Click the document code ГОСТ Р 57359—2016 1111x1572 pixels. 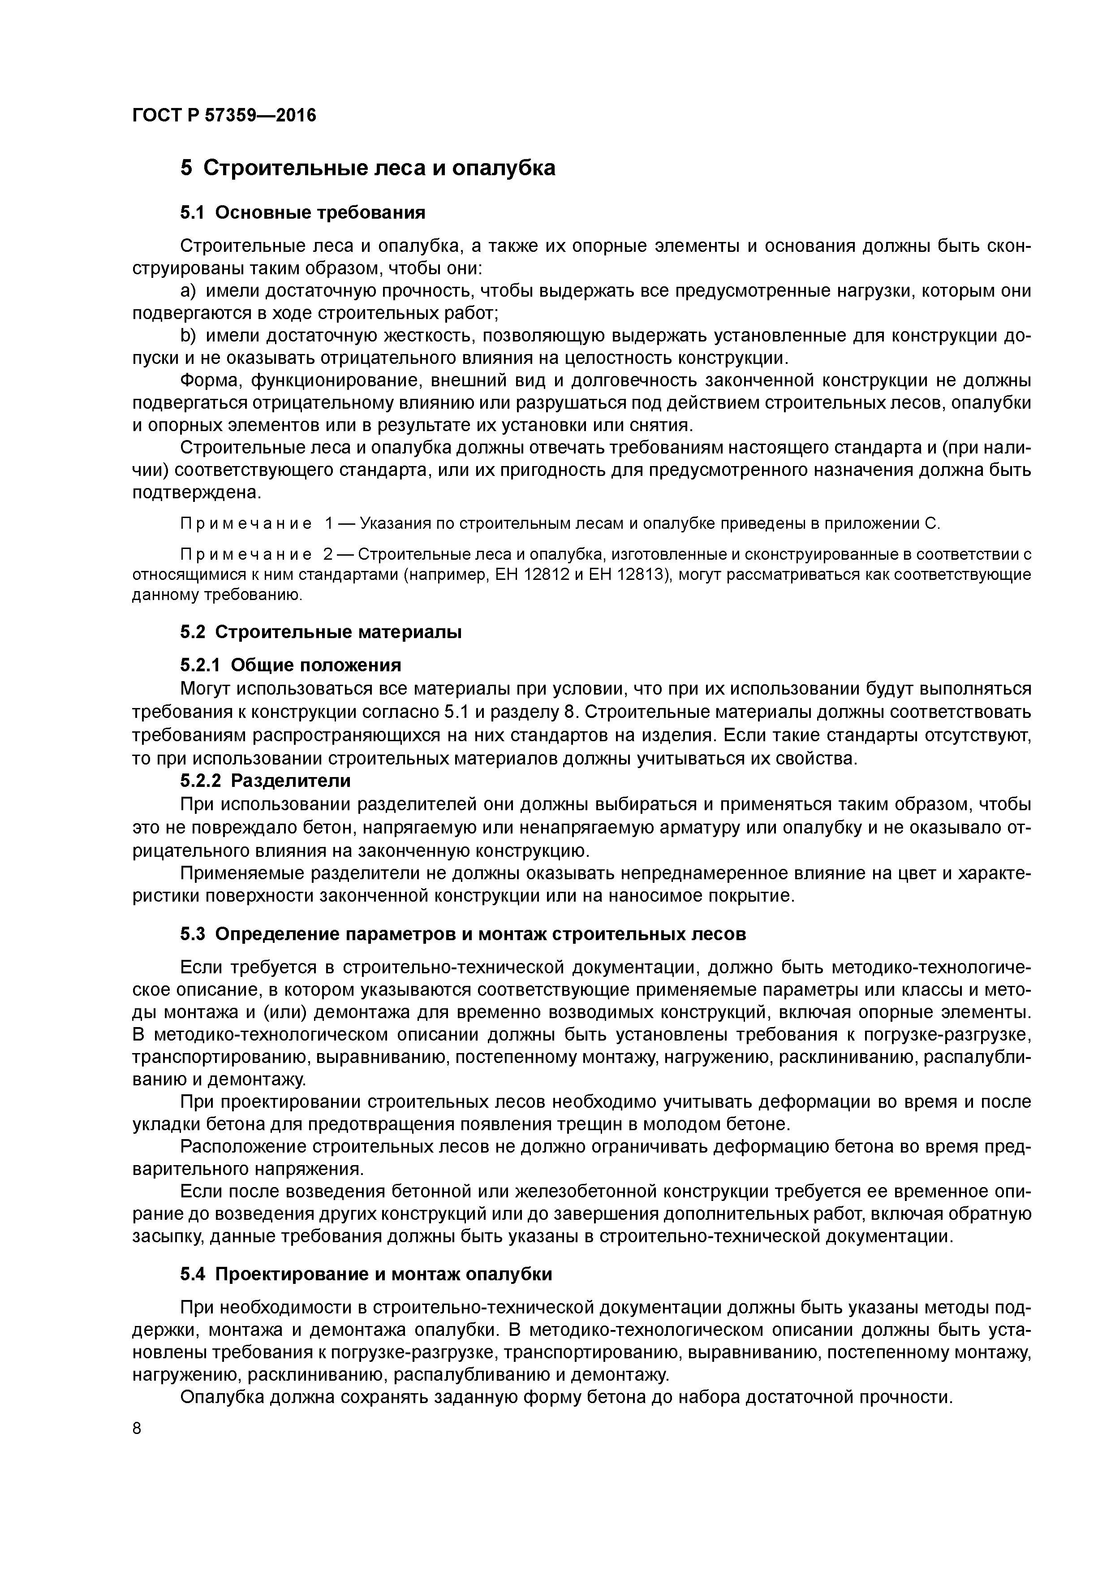click(x=224, y=115)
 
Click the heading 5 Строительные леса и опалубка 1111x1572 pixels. click(x=368, y=168)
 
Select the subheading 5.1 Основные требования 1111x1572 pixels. click(x=302, y=213)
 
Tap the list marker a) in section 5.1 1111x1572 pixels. click(x=188, y=291)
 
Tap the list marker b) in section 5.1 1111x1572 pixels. click(x=188, y=336)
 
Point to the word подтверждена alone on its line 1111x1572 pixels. click(x=197, y=492)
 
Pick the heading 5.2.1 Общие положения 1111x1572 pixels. click(x=290, y=665)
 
